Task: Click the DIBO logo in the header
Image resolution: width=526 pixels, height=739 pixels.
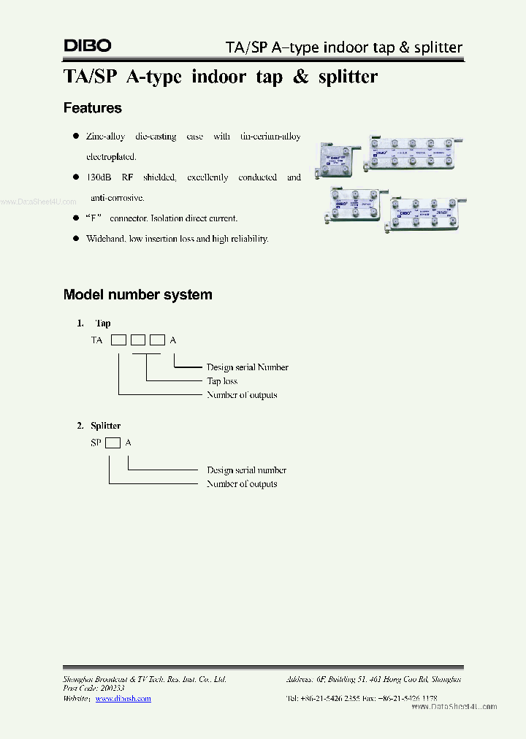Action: click(88, 45)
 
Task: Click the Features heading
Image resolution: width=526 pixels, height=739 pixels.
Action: click(93, 108)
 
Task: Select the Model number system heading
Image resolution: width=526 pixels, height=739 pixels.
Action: click(138, 295)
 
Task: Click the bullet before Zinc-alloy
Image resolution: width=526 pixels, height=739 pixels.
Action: click(75, 137)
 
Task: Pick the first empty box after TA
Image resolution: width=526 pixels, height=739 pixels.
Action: click(118, 340)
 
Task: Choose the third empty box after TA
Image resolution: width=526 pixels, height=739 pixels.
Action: click(157, 340)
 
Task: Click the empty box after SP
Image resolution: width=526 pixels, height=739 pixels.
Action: click(113, 443)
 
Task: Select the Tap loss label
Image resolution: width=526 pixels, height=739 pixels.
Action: click(222, 381)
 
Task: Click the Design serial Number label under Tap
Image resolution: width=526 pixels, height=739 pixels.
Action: click(248, 367)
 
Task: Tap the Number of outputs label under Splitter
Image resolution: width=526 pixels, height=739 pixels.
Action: click(242, 483)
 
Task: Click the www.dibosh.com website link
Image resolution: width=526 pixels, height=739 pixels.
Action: click(123, 699)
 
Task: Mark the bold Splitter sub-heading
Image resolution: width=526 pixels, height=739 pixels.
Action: click(106, 426)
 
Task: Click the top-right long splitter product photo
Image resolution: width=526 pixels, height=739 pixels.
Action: click(416, 153)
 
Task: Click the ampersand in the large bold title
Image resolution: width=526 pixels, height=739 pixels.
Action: click(301, 76)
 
